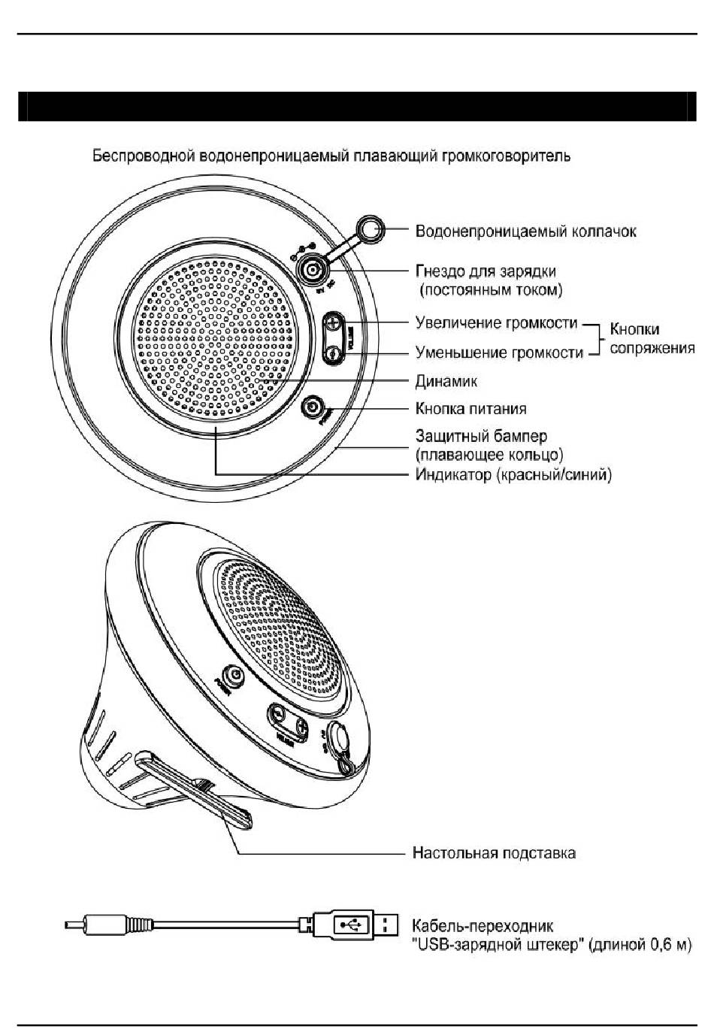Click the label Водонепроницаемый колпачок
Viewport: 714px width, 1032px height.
tap(525, 231)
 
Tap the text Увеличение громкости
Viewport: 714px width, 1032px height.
tap(496, 323)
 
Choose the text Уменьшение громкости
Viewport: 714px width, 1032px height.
tap(499, 353)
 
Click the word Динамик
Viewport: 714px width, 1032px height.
tap(446, 381)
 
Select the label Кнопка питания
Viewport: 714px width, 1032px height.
tap(470, 409)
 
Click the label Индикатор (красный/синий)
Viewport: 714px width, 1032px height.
tap(513, 475)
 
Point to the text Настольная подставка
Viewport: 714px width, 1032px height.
tap(494, 853)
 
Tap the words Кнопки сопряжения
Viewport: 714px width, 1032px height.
tap(651, 338)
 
